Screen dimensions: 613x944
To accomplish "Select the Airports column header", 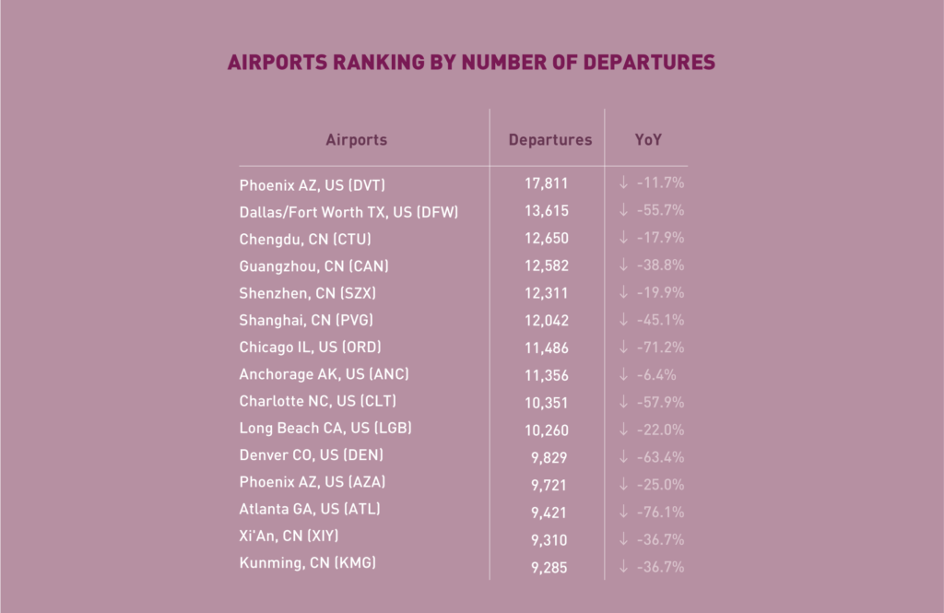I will pyautogui.click(x=356, y=140).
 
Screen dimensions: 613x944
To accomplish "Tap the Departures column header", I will pyautogui.click(x=550, y=140).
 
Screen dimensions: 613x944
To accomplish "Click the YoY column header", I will pyautogui.click(x=648, y=140).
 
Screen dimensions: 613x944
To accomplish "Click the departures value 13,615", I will pyautogui.click(x=547, y=211).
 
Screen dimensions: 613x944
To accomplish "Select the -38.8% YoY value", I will pyautogui.click(x=659, y=265).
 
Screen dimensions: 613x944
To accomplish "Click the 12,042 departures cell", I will pyautogui.click(x=547, y=321).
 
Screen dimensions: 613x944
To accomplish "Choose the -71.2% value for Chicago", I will pyautogui.click(x=659, y=348).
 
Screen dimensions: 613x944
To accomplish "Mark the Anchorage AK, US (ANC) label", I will pyautogui.click(x=324, y=374).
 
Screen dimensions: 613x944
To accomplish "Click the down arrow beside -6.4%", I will pyautogui.click(x=624, y=375).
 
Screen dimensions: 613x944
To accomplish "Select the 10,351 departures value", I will pyautogui.click(x=547, y=403).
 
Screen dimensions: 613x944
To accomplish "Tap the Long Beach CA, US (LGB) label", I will pyautogui.click(x=324, y=429).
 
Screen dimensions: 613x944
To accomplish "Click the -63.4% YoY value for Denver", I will pyautogui.click(x=659, y=457).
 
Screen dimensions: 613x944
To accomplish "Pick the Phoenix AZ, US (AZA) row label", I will pyautogui.click(x=312, y=482).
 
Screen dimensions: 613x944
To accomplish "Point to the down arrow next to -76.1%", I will pyautogui.click(x=624, y=512).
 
